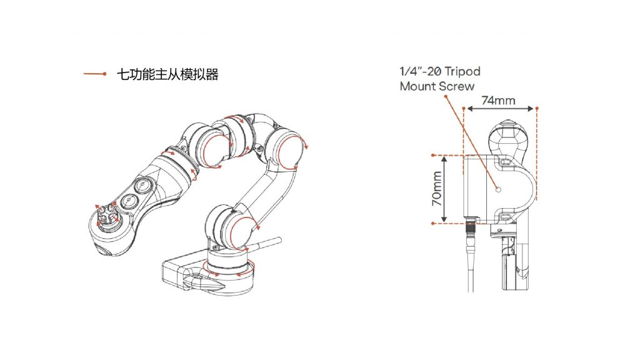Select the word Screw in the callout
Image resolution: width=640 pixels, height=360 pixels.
[x=456, y=86]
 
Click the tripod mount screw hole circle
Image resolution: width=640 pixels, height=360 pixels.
[x=498, y=189]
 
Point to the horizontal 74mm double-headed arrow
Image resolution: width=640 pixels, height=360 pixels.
[x=500, y=109]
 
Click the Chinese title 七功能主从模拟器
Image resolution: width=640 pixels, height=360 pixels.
[x=167, y=75]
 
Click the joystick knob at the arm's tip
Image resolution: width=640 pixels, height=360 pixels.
[x=107, y=217]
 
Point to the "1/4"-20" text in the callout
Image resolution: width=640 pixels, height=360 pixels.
[x=419, y=72]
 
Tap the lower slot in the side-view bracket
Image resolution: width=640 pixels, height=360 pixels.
[x=504, y=217]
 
